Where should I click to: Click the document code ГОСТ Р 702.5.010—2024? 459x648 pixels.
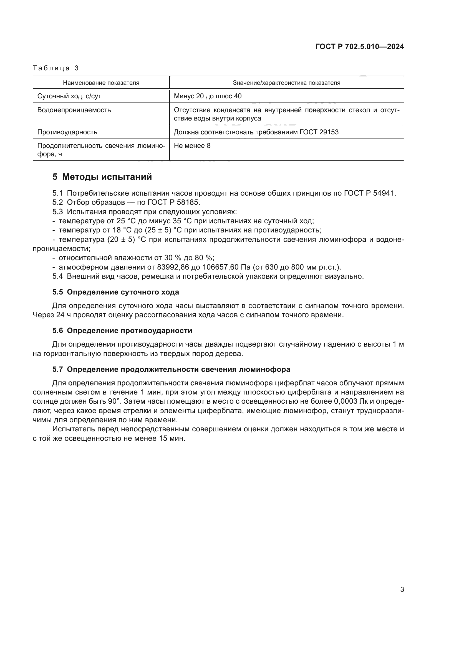359,47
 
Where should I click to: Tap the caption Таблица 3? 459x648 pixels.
56,68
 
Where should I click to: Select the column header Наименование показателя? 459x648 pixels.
101,83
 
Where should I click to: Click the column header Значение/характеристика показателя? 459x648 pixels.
286,83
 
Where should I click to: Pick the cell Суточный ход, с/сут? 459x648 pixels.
69,96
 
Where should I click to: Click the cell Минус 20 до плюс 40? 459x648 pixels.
208,96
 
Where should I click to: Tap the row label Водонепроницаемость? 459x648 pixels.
74,110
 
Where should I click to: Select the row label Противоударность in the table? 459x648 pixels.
67,132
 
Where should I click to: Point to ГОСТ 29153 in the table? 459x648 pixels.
319,132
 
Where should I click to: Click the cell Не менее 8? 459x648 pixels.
192,146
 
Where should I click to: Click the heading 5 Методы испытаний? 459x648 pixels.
102,177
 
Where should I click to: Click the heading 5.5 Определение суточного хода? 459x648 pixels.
116,292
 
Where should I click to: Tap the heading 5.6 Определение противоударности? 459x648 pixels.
122,331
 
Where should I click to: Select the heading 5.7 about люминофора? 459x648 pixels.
171,369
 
